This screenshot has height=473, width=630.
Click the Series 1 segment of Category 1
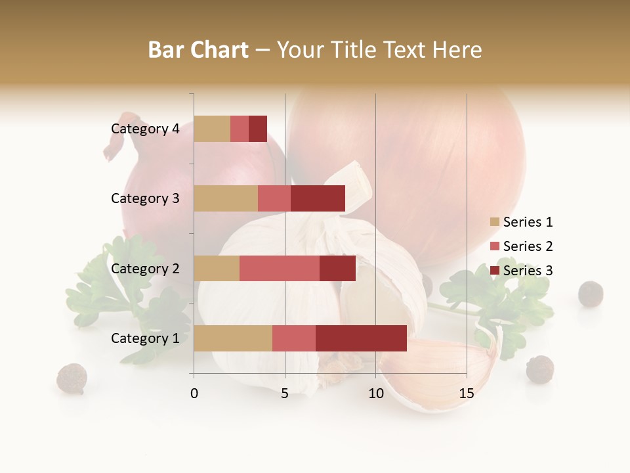tap(233, 338)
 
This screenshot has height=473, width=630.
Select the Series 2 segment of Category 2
tap(280, 268)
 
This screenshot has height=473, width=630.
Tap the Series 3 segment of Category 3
tap(318, 198)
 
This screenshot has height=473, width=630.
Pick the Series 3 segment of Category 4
tap(258, 129)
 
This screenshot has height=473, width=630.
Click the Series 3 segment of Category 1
tap(361, 338)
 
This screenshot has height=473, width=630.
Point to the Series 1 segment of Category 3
tap(226, 198)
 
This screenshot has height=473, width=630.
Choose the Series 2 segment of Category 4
tap(240, 129)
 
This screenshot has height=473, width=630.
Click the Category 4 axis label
tap(145, 129)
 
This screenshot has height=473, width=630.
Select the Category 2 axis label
tap(145, 268)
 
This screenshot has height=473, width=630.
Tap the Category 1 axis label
tap(145, 338)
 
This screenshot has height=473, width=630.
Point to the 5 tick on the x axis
tap(285, 394)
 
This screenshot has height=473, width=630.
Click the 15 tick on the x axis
tap(466, 394)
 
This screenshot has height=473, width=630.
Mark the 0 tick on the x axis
tap(194, 394)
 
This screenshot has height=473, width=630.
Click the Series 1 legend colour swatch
tap(494, 222)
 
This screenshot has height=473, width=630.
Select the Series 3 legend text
tap(528, 271)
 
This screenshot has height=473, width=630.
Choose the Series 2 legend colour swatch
tap(494, 246)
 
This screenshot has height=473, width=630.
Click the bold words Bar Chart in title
tap(198, 50)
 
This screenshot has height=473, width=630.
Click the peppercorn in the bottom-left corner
tap(72, 378)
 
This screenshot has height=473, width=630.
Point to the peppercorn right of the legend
tap(590, 293)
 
